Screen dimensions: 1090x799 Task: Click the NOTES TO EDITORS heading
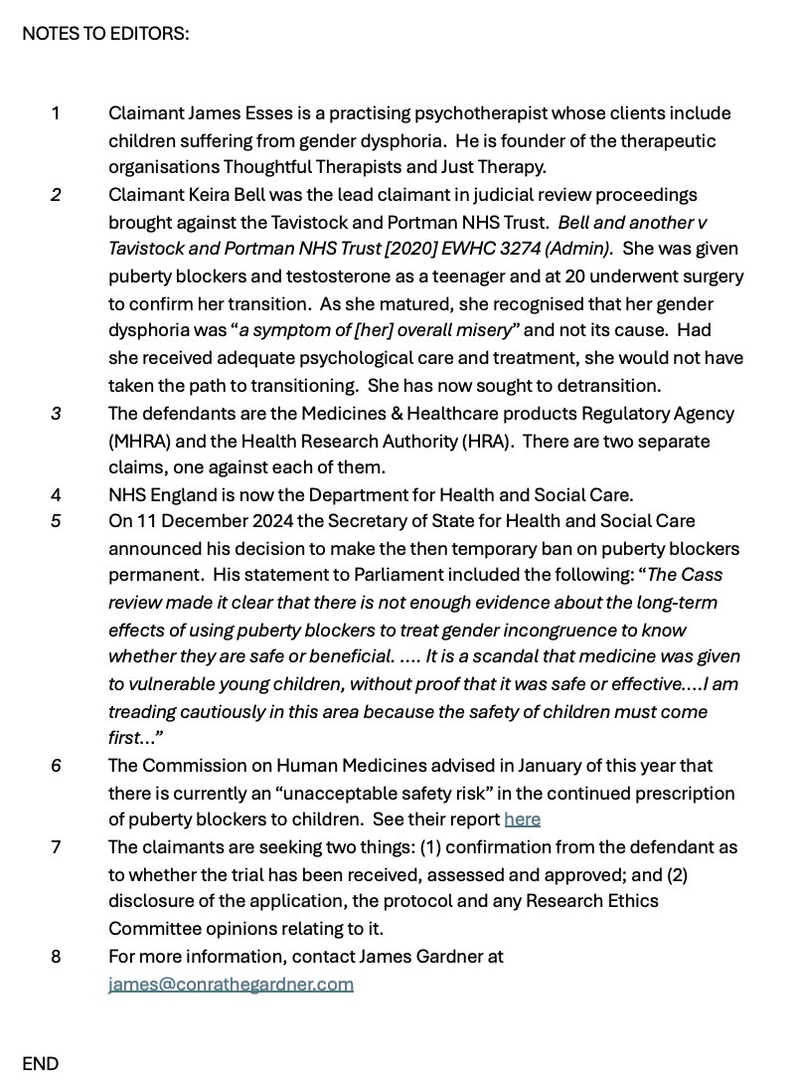point(105,34)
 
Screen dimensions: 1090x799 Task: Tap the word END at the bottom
point(41,1063)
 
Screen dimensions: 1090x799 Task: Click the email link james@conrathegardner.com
point(231,984)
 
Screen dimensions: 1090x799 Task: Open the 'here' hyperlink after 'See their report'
point(522,819)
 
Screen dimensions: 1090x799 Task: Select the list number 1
point(56,113)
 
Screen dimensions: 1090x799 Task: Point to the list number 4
point(56,494)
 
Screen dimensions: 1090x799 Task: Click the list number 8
point(56,957)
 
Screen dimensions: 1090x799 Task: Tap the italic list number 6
point(56,766)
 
